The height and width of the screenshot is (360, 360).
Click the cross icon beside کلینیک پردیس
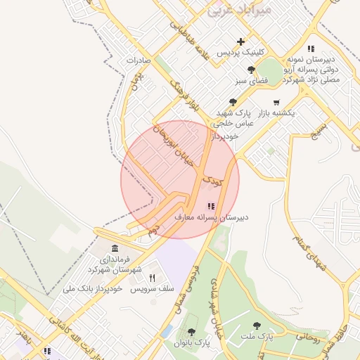click(241, 41)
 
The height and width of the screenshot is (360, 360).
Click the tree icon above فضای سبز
click(252, 70)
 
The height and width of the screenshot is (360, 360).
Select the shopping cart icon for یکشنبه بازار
click(275, 102)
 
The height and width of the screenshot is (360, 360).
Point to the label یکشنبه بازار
click(275, 112)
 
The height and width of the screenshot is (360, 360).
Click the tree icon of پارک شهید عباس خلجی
click(233, 102)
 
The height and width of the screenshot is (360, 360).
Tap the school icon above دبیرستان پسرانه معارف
click(211, 206)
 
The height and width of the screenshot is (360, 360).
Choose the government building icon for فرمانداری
click(115, 249)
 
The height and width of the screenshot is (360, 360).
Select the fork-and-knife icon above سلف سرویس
click(152, 278)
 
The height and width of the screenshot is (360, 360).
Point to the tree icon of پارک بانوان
click(191, 332)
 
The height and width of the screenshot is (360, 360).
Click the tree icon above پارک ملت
click(256, 326)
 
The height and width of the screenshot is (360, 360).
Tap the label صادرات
click(139, 60)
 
